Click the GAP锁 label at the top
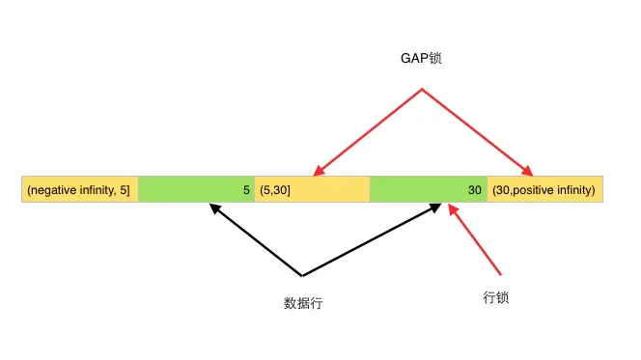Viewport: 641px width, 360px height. pyautogui.click(x=421, y=59)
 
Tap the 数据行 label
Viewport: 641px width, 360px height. pyautogui.click(x=303, y=303)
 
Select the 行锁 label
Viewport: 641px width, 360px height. pyautogui.click(x=495, y=297)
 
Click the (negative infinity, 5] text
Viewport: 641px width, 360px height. pyautogui.click(x=79, y=190)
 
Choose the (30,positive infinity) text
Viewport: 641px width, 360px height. pyautogui.click(x=543, y=190)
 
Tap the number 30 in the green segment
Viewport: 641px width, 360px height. pyautogui.click(x=474, y=190)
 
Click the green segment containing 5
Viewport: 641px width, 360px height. pyautogui.click(x=196, y=190)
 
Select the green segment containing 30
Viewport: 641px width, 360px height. pyautogui.click(x=428, y=190)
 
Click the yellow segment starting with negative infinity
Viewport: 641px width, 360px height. pyautogui.click(x=79, y=190)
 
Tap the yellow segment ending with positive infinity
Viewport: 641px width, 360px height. pyautogui.click(x=545, y=190)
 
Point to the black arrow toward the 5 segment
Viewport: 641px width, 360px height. pyautogui.click(x=256, y=238)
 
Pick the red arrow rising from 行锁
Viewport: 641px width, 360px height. pyautogui.click(x=476, y=238)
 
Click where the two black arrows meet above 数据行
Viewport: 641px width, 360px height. pyautogui.click(x=302, y=276)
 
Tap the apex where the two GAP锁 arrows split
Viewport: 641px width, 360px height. pyautogui.click(x=421, y=90)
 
